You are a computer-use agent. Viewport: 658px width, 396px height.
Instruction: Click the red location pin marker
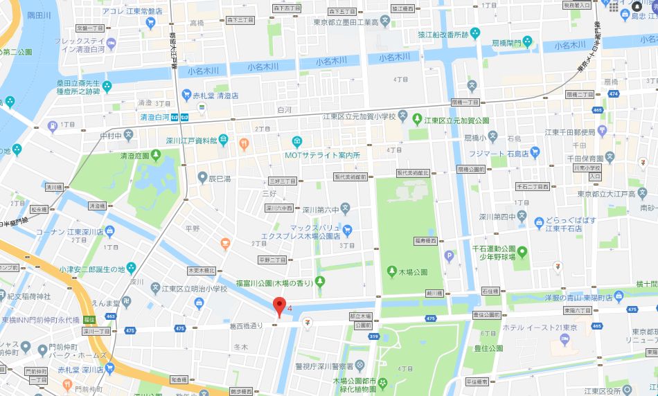coord(279,305)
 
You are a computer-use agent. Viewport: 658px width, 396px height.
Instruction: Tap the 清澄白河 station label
coord(157,116)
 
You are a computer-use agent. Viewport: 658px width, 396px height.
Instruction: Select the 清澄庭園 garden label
coord(134,156)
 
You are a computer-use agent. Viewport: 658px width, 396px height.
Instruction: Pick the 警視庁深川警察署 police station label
coord(322,366)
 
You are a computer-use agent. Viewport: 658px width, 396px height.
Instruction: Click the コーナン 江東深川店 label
coord(69,232)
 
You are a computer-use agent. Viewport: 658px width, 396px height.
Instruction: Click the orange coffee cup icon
coord(225,243)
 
